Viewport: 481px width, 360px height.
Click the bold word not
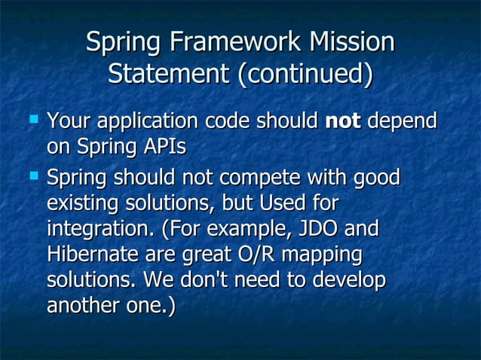pyautogui.click(x=343, y=121)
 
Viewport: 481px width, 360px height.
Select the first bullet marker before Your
pyautogui.click(x=33, y=119)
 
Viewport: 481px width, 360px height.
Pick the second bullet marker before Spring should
pyautogui.click(x=33, y=177)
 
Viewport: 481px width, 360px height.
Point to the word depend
pyautogui.click(x=403, y=121)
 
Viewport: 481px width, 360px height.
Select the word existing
pyautogui.click(x=81, y=204)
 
